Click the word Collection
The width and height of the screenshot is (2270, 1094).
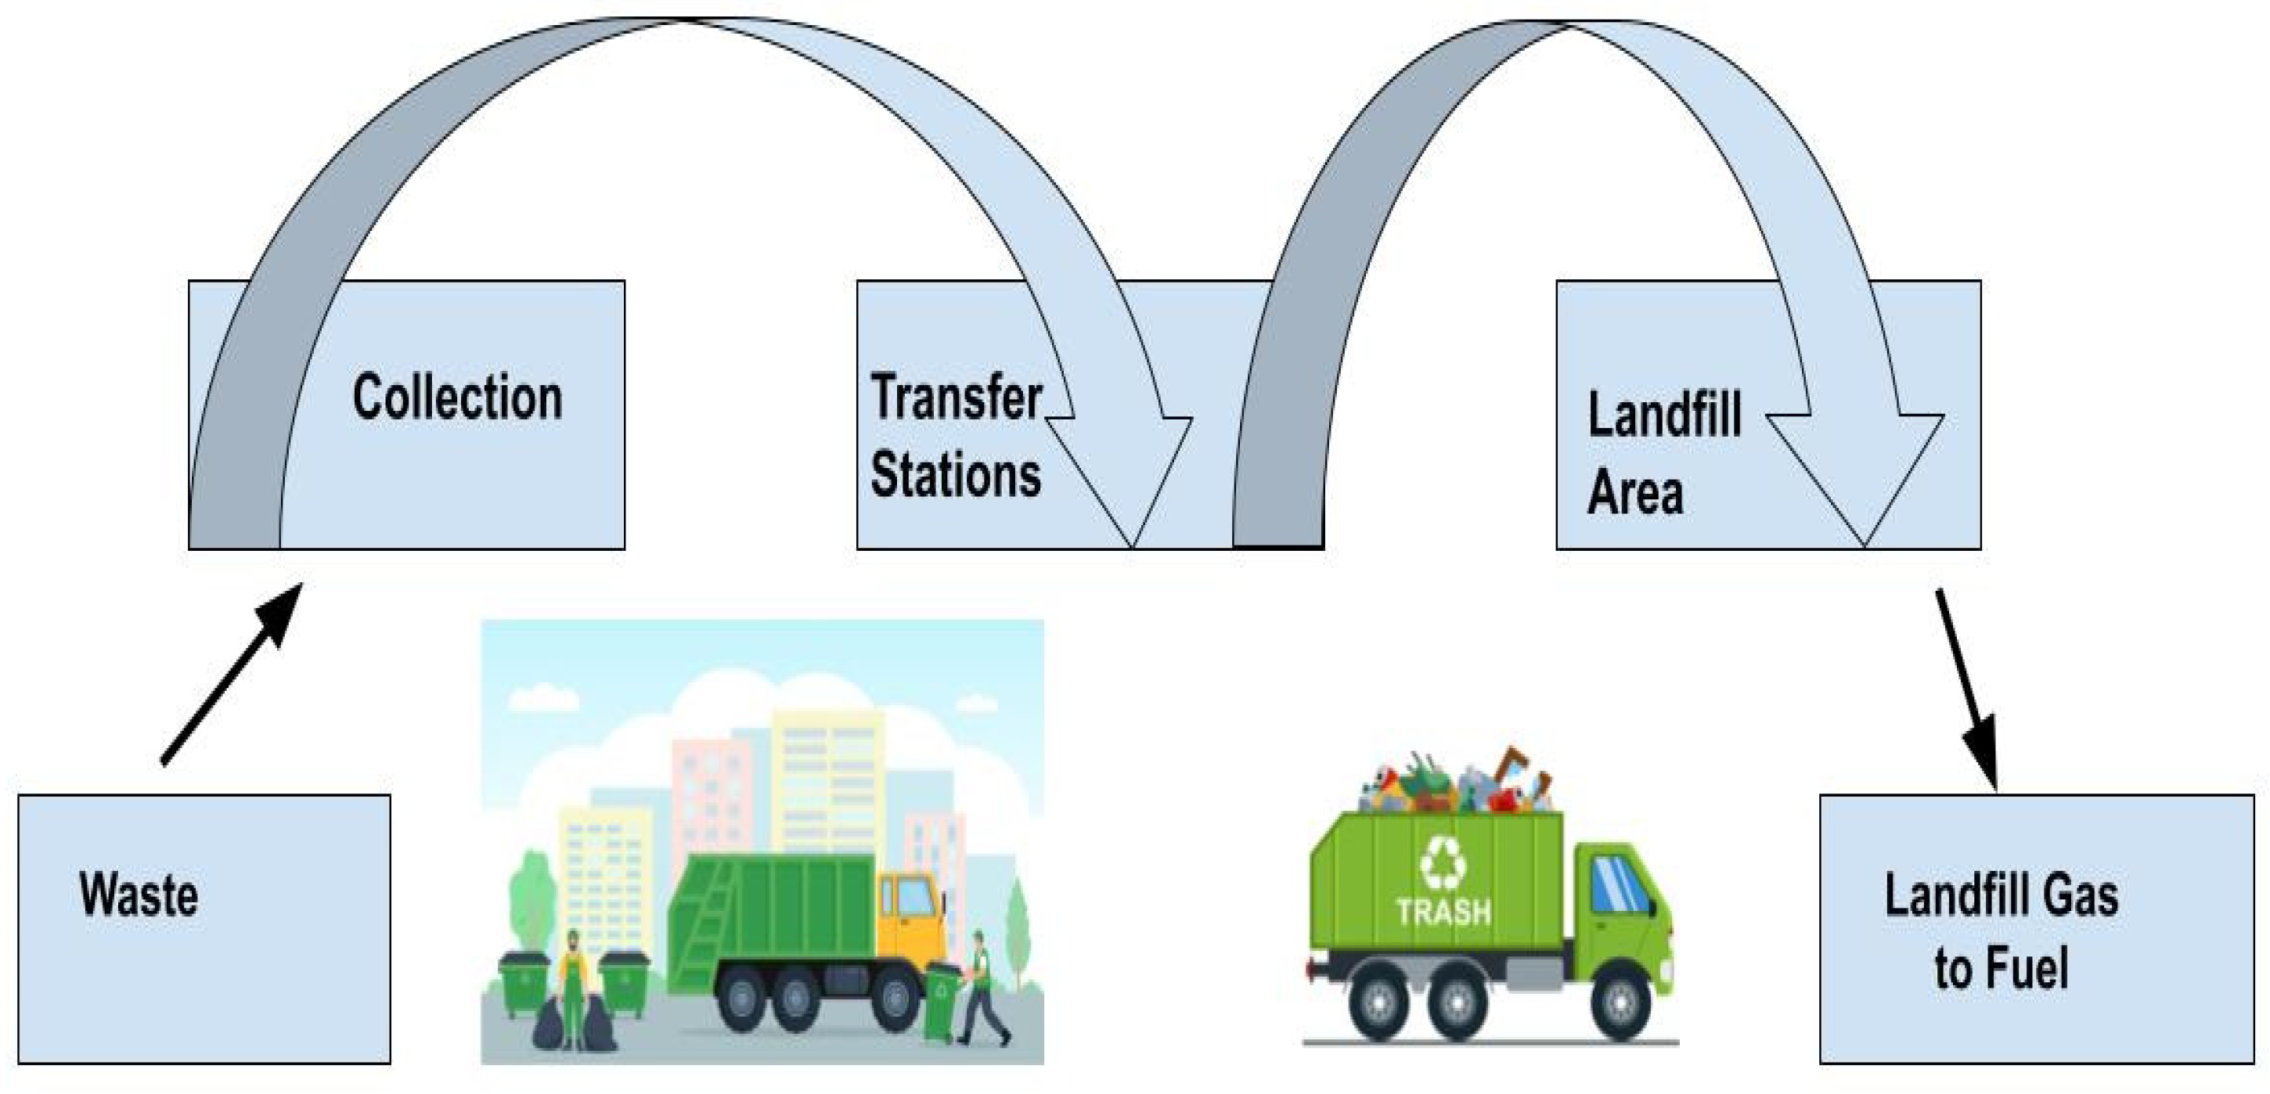(456, 398)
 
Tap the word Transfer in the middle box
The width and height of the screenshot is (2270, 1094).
(955, 398)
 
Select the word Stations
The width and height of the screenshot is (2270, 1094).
(955, 475)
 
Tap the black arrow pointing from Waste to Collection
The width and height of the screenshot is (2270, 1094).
(232, 674)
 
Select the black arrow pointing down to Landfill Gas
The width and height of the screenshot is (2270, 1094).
(1966, 688)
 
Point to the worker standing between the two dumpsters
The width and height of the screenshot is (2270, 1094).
(573, 982)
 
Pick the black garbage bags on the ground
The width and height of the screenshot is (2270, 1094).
(573, 1026)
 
